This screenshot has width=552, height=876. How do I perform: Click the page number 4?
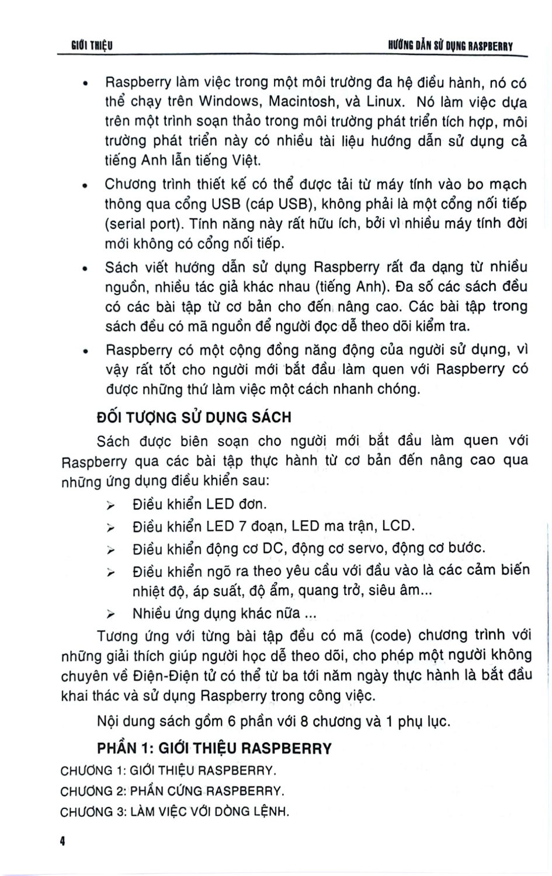pyautogui.click(x=62, y=843)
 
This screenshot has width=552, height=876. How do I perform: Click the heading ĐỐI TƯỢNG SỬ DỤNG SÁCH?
pyautogui.click(x=193, y=417)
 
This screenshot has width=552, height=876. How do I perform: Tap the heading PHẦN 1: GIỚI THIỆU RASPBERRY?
pyautogui.click(x=214, y=748)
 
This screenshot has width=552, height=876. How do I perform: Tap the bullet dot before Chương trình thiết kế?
pyautogui.click(x=85, y=186)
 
